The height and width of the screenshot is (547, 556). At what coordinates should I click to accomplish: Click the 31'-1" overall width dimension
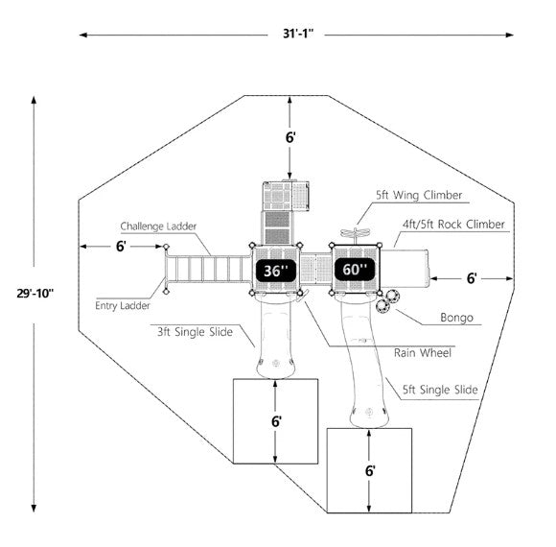[298, 34]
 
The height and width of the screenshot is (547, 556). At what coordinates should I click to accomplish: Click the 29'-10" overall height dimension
[35, 294]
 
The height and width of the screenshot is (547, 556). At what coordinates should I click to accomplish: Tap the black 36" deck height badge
[275, 271]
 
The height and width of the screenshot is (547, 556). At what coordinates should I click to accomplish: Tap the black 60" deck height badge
[355, 270]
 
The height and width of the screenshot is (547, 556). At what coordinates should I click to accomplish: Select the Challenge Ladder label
[158, 226]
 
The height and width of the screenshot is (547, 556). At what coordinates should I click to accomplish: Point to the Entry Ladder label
[123, 305]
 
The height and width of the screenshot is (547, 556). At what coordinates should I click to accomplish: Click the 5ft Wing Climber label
[419, 195]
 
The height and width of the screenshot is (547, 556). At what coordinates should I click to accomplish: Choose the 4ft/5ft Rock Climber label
[453, 225]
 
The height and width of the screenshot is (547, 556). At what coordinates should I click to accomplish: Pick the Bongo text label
[456, 318]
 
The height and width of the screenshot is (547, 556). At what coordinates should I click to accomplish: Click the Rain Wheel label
[423, 353]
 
